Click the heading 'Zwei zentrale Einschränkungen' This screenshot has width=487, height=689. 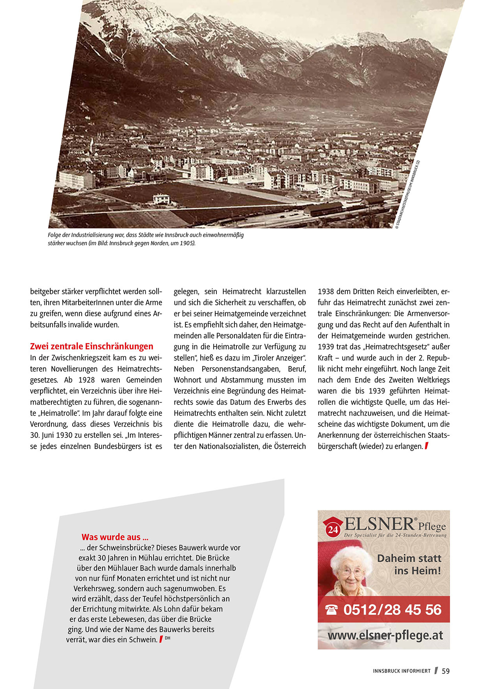coord(92,346)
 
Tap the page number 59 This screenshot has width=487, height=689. coord(446,671)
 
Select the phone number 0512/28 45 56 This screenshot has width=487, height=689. coord(392,610)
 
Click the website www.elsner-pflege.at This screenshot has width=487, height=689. coord(385,635)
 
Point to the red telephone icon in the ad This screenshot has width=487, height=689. coord(332,610)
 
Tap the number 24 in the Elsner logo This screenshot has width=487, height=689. coord(333,530)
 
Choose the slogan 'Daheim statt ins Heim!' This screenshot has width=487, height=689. coord(409,564)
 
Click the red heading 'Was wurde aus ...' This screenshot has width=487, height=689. coord(115,537)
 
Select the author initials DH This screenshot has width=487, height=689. coord(168,638)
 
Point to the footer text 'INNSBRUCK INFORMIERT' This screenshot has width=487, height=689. coord(402,671)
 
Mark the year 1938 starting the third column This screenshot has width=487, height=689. coord(326,292)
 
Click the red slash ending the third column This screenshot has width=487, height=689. coord(427,446)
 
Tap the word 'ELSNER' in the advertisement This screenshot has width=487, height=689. coord(379,524)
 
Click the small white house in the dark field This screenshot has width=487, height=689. coord(161,199)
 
